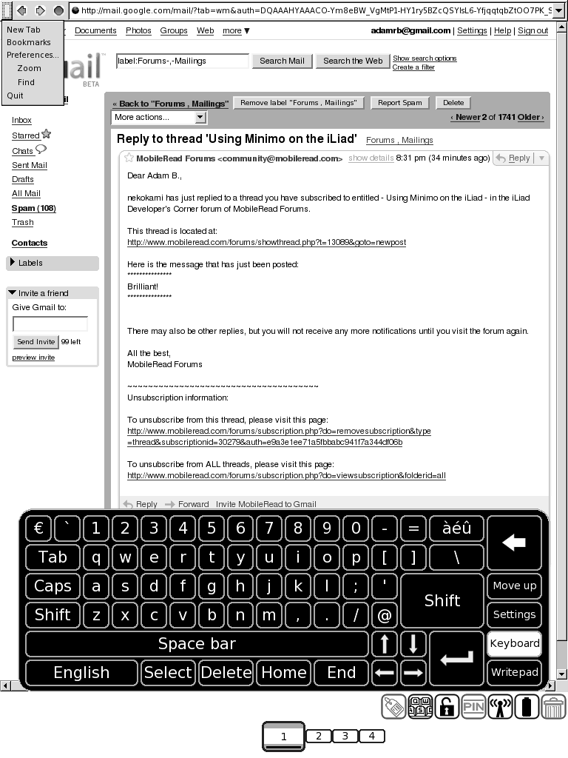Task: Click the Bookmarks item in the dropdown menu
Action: point(28,42)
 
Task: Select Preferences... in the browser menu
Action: point(32,55)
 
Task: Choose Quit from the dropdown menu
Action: point(15,95)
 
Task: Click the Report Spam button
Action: point(400,103)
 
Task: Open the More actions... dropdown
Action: point(159,117)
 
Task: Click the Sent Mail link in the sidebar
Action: point(29,165)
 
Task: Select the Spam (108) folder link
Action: point(33,208)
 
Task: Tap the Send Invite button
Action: point(35,341)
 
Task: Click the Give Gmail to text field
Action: point(50,323)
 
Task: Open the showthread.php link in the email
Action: point(266,242)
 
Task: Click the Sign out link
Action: point(532,30)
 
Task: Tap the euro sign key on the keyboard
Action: point(39,529)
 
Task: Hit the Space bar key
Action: point(197,644)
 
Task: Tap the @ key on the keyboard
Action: point(384,615)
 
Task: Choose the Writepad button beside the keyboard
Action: point(514,672)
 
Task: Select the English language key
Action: point(81,673)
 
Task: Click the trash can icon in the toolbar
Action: point(553,707)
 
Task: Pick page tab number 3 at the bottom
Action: point(345,736)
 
